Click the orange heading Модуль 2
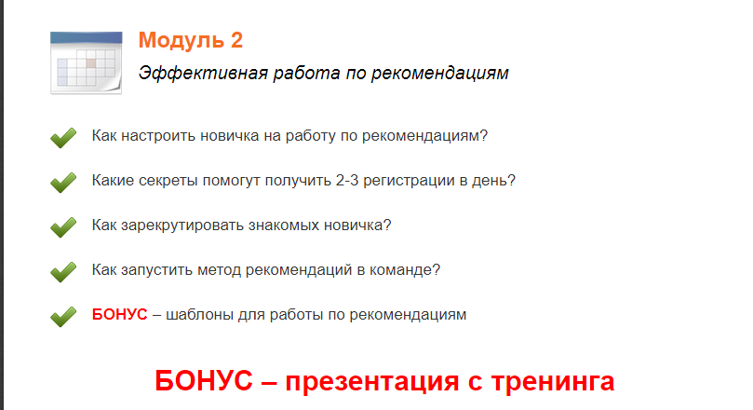pos(190,40)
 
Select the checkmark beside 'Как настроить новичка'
pos(62,138)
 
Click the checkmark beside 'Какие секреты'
pos(62,183)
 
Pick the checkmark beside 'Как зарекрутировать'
pos(62,227)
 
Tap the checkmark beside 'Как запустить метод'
pos(62,272)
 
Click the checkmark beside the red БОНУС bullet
pos(62,317)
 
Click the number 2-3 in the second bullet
pos(349,180)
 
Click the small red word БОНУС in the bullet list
pos(119,314)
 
